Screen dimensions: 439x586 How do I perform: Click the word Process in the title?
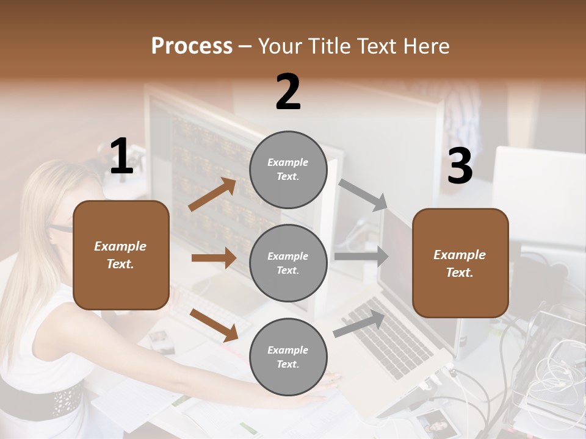pos(192,46)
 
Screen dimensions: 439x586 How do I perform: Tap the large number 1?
pos(121,157)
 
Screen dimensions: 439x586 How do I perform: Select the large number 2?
pos(288,92)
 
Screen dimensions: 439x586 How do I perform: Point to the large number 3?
pos(460,166)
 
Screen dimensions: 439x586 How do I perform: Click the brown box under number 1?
pos(121,255)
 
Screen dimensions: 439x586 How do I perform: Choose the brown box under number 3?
pos(460,263)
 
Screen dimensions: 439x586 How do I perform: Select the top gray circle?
pos(288,170)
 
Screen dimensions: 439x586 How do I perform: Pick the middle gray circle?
pos(288,263)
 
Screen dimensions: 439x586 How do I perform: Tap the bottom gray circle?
pos(288,357)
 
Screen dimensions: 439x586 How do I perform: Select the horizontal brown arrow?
pos(214,258)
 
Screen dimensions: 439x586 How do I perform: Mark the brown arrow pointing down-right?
pos(214,324)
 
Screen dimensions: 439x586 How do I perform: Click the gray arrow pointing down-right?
pos(363,195)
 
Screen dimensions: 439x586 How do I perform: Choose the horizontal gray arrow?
pos(361,257)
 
